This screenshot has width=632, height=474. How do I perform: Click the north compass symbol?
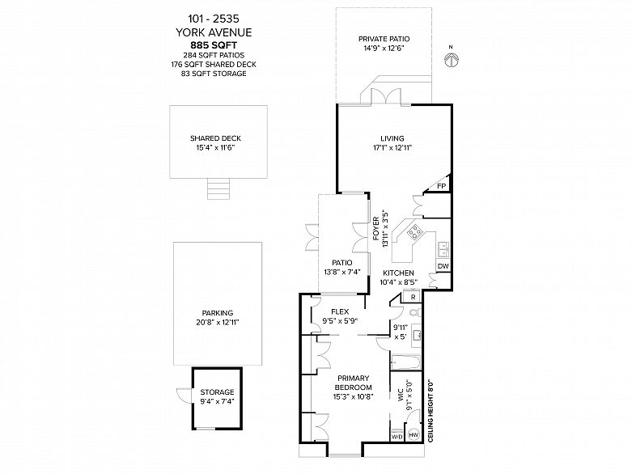(451, 60)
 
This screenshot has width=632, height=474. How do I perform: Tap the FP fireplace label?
(442, 186)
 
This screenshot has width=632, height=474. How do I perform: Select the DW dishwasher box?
(443, 266)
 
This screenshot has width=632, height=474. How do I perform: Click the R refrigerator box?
(414, 297)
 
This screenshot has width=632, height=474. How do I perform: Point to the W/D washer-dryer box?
(397, 437)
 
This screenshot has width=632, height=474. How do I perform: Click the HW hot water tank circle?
(414, 435)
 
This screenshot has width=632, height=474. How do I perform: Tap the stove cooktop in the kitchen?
(415, 231)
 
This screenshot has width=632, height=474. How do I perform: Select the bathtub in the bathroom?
(406, 362)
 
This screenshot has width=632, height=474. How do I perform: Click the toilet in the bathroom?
(414, 312)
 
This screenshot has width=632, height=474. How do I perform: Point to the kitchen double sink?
(443, 249)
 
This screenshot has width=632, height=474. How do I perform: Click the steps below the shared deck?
(218, 188)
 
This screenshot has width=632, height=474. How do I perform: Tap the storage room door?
(185, 396)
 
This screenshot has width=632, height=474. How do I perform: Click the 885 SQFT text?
(214, 44)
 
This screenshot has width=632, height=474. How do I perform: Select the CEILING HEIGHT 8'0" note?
(430, 410)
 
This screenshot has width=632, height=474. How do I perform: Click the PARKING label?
(218, 313)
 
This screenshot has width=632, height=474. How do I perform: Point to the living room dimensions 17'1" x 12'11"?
(392, 148)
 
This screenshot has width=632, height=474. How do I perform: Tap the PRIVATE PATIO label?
(384, 39)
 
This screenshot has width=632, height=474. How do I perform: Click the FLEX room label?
(340, 311)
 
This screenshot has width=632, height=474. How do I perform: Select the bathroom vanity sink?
(417, 335)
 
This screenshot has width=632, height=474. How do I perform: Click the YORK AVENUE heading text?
(214, 32)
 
